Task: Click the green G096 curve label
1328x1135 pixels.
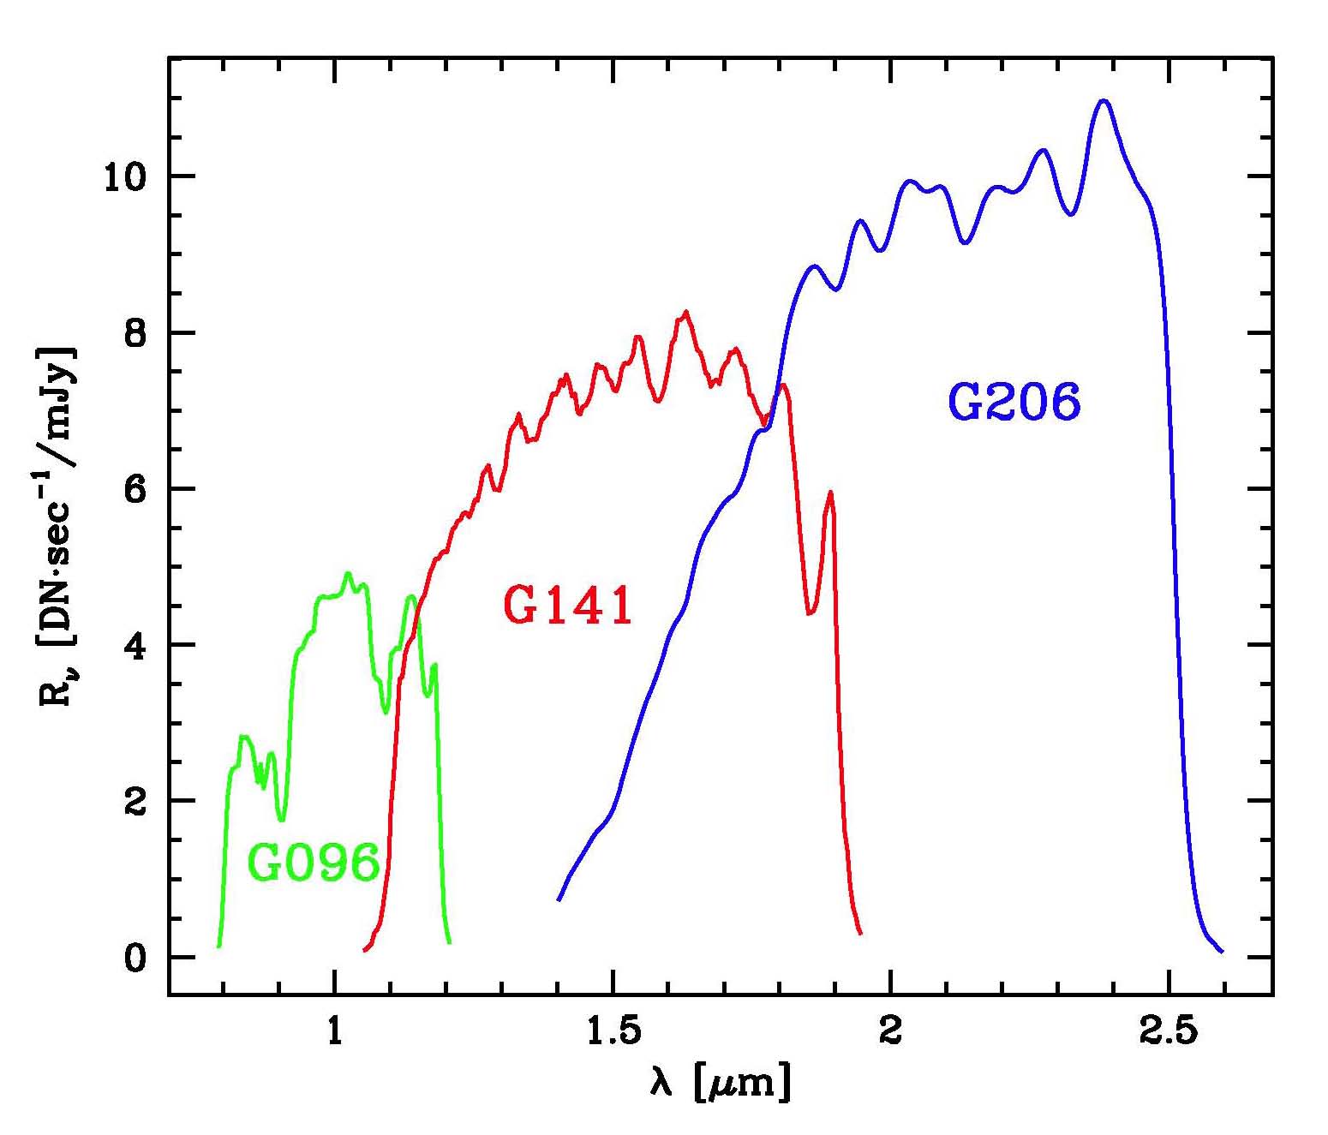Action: coord(314,863)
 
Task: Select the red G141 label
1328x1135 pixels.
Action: coord(568,605)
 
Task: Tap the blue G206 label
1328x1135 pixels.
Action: coord(1014,402)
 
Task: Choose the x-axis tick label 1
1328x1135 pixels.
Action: coord(335,1031)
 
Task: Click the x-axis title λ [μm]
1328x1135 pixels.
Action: coord(720,1084)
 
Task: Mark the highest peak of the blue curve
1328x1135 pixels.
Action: coord(1104,101)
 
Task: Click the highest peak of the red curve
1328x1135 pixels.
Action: coord(685,312)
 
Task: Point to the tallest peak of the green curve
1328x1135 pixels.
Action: coord(347,573)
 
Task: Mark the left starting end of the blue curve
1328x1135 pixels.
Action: coord(559,899)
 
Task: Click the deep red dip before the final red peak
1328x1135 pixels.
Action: coord(809,612)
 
